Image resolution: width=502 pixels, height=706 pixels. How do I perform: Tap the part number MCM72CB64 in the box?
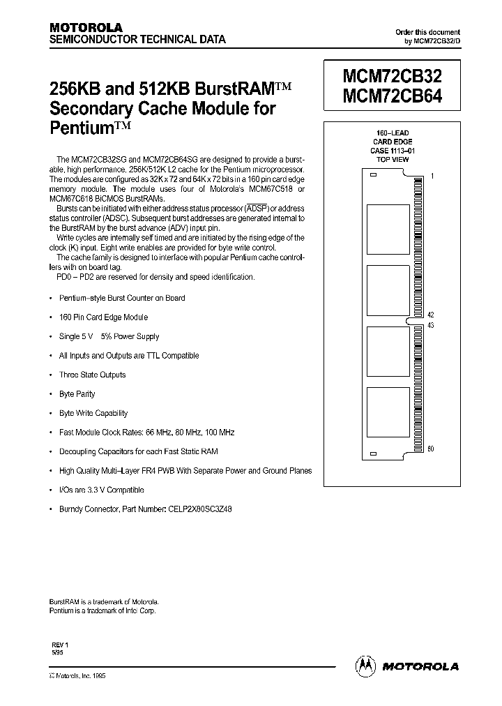pyautogui.click(x=392, y=97)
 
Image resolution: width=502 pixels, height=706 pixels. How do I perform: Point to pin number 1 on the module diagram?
pyautogui.click(x=432, y=177)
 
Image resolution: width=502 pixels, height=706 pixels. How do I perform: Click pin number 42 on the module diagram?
pyautogui.click(x=432, y=315)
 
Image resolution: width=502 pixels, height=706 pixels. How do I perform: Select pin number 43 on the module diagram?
pyautogui.click(x=432, y=326)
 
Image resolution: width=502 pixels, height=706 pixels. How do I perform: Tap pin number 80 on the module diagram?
pyautogui.click(x=432, y=449)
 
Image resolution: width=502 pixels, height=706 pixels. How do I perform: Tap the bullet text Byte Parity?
pyautogui.click(x=77, y=394)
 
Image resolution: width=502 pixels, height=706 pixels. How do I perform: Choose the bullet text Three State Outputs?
pyautogui.click(x=92, y=375)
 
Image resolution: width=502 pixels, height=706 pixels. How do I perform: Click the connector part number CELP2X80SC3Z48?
pyautogui.click(x=199, y=509)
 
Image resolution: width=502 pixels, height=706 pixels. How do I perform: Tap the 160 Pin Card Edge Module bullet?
pyautogui.click(x=103, y=317)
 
